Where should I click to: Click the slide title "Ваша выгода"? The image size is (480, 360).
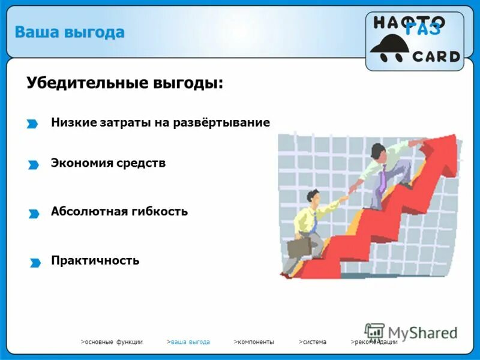pyautogui.click(x=70, y=32)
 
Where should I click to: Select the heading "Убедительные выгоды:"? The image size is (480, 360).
pyautogui.click(x=124, y=83)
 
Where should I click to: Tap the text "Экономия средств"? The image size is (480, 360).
pyautogui.click(x=108, y=163)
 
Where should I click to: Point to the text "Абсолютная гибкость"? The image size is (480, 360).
pyautogui.click(x=119, y=211)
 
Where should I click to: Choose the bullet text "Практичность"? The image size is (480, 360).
pyautogui.click(x=95, y=260)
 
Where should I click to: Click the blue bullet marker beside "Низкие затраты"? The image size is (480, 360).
pyautogui.click(x=32, y=124)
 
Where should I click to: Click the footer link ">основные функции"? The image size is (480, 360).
pyautogui.click(x=112, y=342)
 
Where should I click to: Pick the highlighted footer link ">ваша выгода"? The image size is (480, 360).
pyautogui.click(x=188, y=342)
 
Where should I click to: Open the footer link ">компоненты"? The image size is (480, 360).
pyautogui.click(x=254, y=342)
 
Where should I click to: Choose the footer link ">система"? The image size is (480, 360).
pyautogui.click(x=313, y=342)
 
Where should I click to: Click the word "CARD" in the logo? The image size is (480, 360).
pyautogui.click(x=436, y=57)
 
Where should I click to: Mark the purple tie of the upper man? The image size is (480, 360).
pyautogui.click(x=382, y=178)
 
